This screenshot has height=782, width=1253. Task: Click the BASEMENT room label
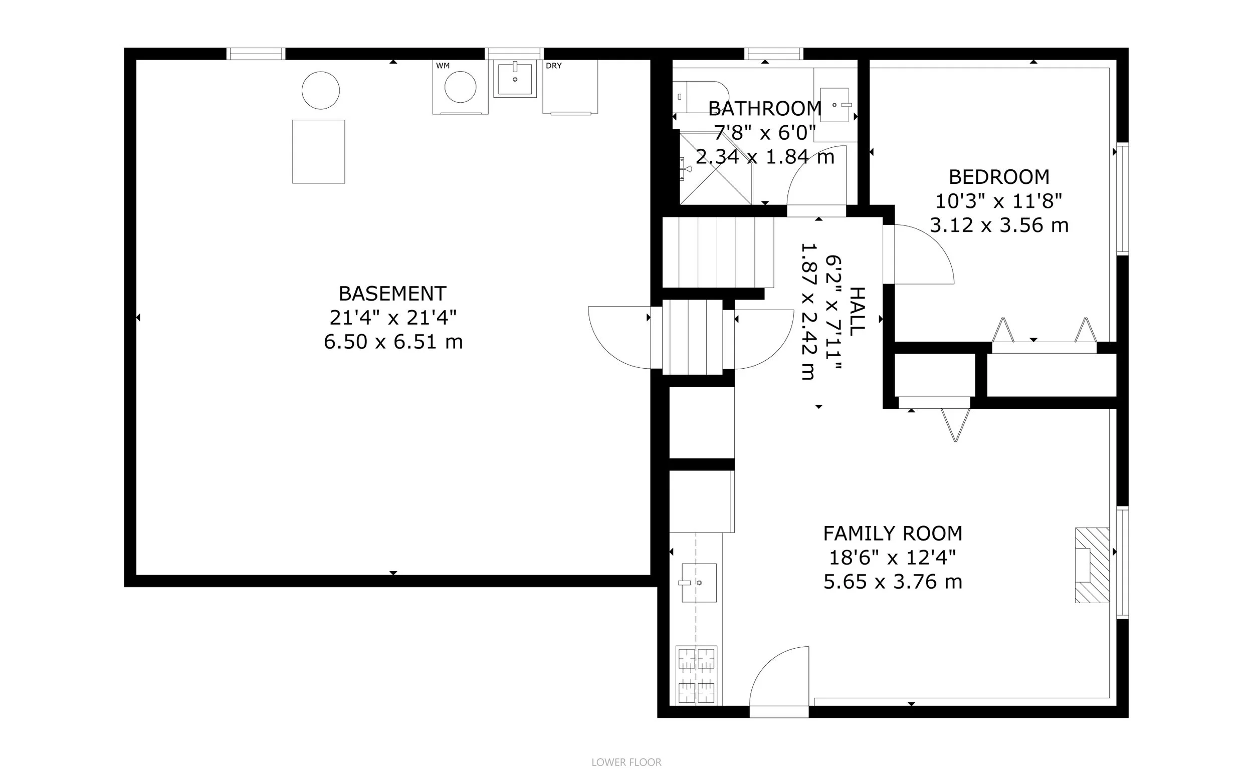[x=392, y=294]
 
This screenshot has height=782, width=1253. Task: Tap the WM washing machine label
[x=443, y=66]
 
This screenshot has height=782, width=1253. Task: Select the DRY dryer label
[x=553, y=66]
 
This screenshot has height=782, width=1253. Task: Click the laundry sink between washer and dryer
[x=515, y=79]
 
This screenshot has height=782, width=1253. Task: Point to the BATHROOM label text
[x=765, y=109]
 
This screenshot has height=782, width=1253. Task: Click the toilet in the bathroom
[x=701, y=97]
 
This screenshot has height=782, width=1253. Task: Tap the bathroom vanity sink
[x=834, y=105]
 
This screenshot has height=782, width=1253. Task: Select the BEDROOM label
[x=999, y=177]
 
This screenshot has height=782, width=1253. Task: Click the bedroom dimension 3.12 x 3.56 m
[x=999, y=225]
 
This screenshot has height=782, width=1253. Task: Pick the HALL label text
[x=857, y=312]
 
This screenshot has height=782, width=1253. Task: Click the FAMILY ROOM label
[x=893, y=533]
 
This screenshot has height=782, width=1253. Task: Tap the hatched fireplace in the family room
[x=1092, y=565]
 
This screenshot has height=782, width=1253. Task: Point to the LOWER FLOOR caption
[x=626, y=762]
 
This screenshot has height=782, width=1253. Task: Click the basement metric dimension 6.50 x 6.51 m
[x=393, y=342]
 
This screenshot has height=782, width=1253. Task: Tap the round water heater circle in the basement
[x=321, y=91]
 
